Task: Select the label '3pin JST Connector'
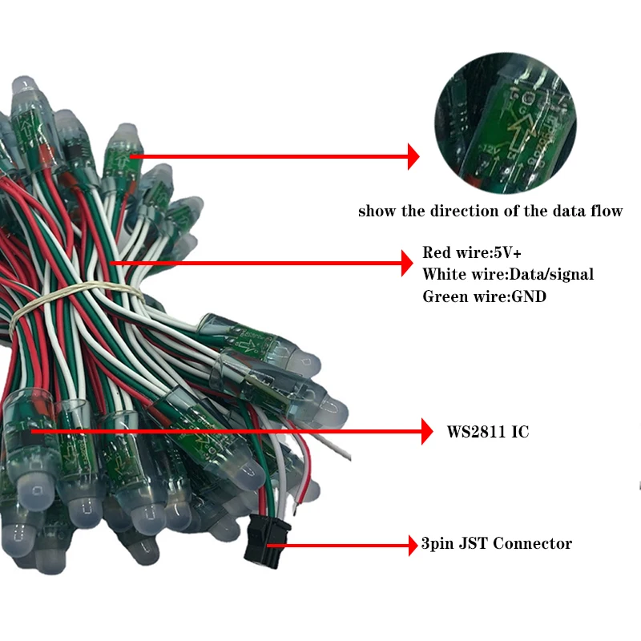click(497, 544)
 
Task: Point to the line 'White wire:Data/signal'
click(508, 274)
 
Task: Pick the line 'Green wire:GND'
click(479, 296)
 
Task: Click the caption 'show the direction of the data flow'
click(490, 212)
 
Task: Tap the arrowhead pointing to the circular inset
click(413, 156)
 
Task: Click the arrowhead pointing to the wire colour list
click(405, 263)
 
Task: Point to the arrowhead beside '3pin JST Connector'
click(412, 545)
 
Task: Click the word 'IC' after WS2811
click(519, 432)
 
